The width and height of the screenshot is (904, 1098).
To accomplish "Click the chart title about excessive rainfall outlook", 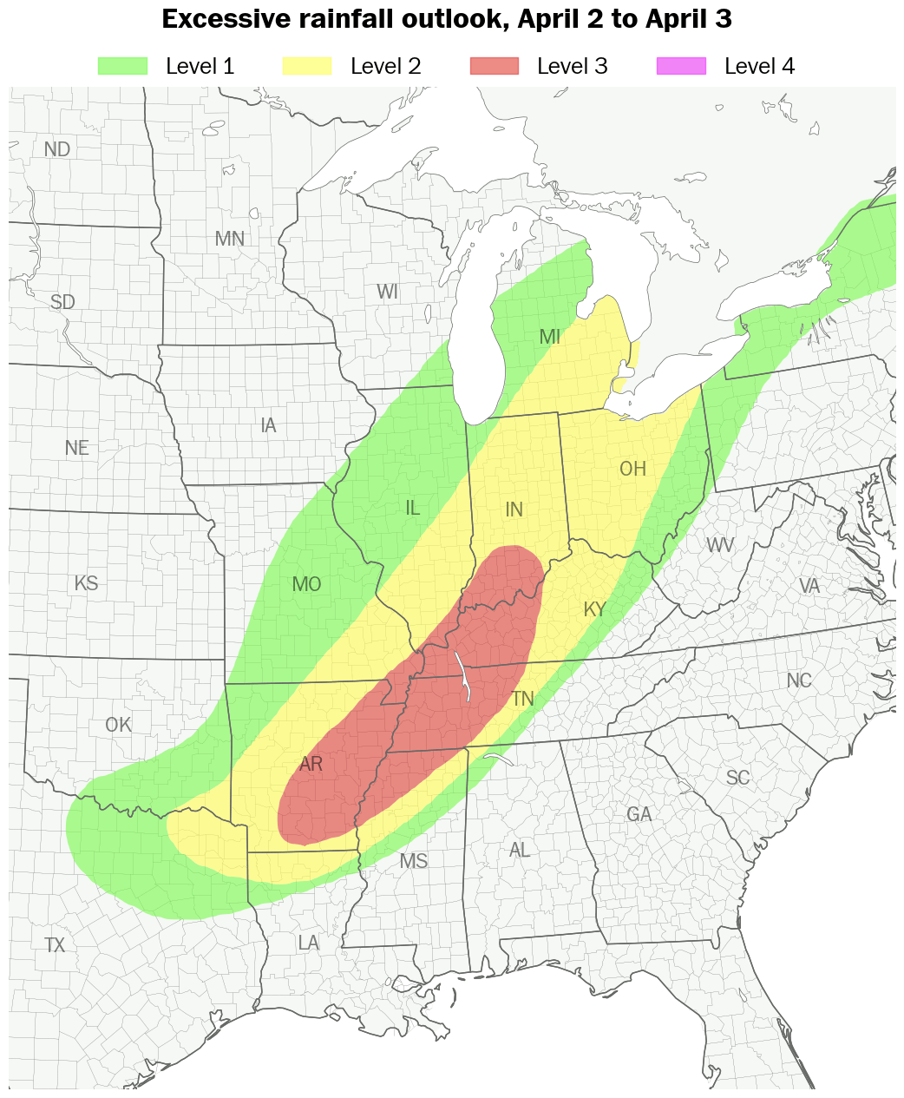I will pos(447,19).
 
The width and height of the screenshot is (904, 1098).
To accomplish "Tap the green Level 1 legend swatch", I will pos(122,66).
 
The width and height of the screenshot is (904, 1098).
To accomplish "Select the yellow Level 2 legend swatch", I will pos(307,66).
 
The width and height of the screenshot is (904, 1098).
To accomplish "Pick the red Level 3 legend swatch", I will pos(494,66).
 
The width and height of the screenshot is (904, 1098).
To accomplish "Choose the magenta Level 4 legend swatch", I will pos(681,66).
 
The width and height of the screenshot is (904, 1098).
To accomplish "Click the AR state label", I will pos(311,765).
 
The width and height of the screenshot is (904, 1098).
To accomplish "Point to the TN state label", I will pos(522,699).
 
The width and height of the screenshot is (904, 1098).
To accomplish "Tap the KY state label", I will pos(594,610).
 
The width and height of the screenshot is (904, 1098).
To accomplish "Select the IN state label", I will pos(514,510).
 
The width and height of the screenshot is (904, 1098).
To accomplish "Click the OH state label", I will pos(632,470).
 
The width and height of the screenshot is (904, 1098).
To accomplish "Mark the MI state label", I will pos(550,338).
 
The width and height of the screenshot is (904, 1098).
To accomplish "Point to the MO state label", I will pos(307,585).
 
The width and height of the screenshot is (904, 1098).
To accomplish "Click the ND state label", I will pos(57,149).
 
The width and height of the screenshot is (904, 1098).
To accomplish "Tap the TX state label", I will pos(55,945).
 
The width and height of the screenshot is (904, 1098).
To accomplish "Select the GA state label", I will pos(639,815).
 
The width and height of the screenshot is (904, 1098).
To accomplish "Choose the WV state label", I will pos(720,546).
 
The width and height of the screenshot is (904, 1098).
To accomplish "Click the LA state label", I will pos(308,943).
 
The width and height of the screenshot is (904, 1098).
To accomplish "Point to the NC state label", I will pos(799,681).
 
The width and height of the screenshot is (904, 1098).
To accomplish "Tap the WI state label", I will pos(387,293).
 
